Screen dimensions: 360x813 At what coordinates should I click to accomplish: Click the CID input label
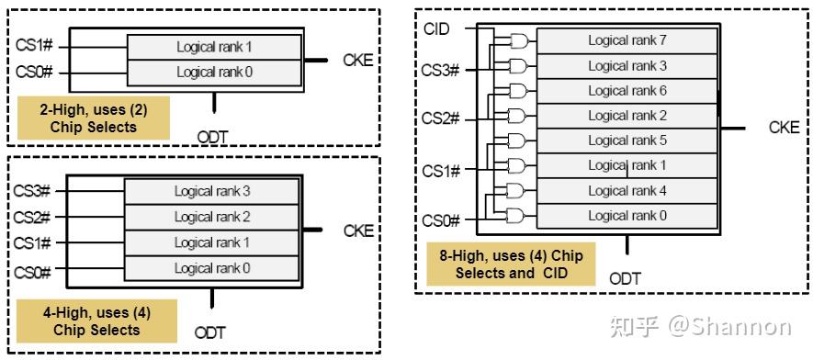436,29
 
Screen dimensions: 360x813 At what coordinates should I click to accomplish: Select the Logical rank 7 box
627,40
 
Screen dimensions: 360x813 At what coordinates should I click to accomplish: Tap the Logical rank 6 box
627,91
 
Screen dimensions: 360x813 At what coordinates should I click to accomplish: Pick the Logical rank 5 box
627,141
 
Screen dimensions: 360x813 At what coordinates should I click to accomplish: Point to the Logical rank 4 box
627,191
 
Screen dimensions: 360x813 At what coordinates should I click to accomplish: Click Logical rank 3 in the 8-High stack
627,66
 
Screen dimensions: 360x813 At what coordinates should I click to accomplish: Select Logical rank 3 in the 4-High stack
212,192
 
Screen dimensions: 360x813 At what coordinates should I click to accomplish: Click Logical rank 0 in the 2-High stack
214,73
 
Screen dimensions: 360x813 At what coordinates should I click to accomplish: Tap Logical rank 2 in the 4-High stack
212,218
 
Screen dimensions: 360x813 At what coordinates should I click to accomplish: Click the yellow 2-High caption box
93,118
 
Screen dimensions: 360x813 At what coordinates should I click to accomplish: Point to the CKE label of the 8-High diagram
784,128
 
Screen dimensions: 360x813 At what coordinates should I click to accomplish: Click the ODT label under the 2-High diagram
212,137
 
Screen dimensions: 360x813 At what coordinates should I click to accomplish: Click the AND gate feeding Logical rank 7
519,41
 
